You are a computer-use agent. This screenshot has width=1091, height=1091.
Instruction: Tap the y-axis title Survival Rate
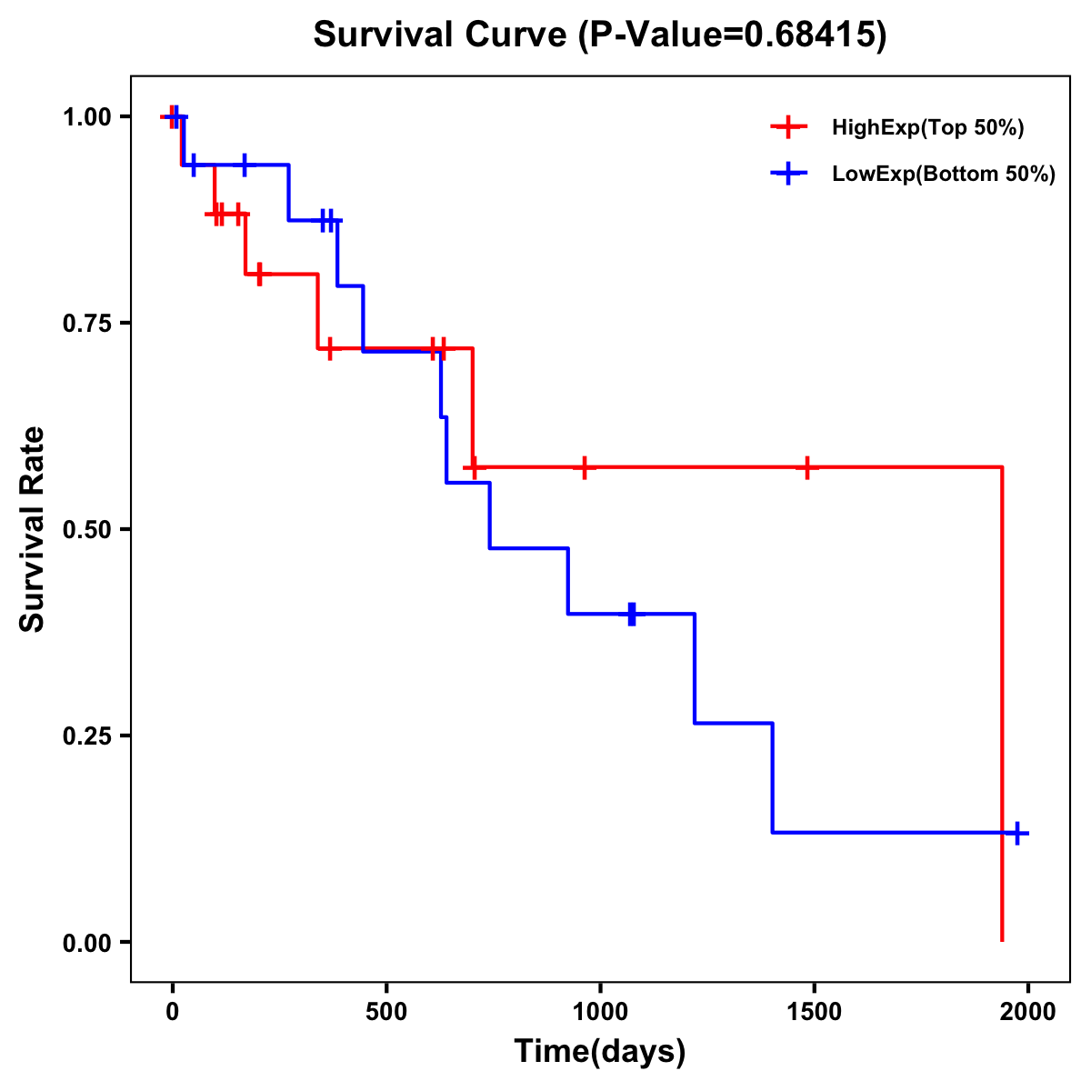click(x=33, y=529)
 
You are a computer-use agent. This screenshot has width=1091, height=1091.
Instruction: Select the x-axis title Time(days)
click(x=599, y=1051)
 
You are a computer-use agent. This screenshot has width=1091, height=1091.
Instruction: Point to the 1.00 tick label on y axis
click(x=86, y=117)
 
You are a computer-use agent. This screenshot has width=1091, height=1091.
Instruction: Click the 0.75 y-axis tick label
click(x=86, y=324)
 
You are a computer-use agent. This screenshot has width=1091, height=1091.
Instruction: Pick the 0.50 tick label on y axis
click(x=86, y=530)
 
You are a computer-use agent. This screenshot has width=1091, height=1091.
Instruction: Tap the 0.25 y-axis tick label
click(x=86, y=736)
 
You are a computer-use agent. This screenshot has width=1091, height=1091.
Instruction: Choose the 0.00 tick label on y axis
click(x=86, y=943)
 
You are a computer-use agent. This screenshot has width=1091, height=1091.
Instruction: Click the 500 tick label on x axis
click(x=386, y=1012)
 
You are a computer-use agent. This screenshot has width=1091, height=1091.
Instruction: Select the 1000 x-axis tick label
click(x=600, y=1012)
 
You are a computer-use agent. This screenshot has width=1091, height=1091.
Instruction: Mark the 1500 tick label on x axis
click(x=814, y=1012)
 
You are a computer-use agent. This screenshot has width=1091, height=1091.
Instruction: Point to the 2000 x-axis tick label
click(x=1028, y=1012)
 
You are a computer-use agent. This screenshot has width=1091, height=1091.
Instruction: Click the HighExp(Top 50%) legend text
click(x=927, y=128)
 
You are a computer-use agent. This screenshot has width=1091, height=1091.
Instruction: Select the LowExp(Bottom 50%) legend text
click(x=944, y=175)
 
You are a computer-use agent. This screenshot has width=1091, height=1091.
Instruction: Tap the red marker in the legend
click(x=788, y=127)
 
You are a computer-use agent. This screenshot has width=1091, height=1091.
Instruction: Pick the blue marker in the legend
click(x=788, y=174)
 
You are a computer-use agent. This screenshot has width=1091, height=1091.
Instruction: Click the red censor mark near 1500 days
click(x=806, y=467)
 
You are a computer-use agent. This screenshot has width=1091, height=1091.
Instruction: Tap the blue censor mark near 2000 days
click(x=1017, y=833)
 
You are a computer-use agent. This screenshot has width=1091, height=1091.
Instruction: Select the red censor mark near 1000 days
click(x=585, y=467)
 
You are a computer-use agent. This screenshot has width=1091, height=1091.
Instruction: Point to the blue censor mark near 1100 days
click(x=632, y=614)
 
